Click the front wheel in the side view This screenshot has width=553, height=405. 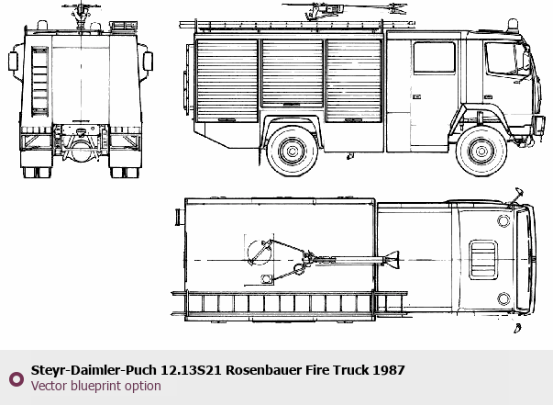point(481,152)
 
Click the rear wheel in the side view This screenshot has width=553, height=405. point(292,152)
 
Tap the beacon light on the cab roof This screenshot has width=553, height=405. point(513,26)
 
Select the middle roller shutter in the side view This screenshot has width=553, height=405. point(293,73)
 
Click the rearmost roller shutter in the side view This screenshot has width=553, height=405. point(227,81)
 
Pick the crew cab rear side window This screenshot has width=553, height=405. point(434,57)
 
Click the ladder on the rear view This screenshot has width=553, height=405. point(39,81)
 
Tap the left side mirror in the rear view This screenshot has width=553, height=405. point(13,62)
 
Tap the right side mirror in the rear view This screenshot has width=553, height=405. point(149,62)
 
